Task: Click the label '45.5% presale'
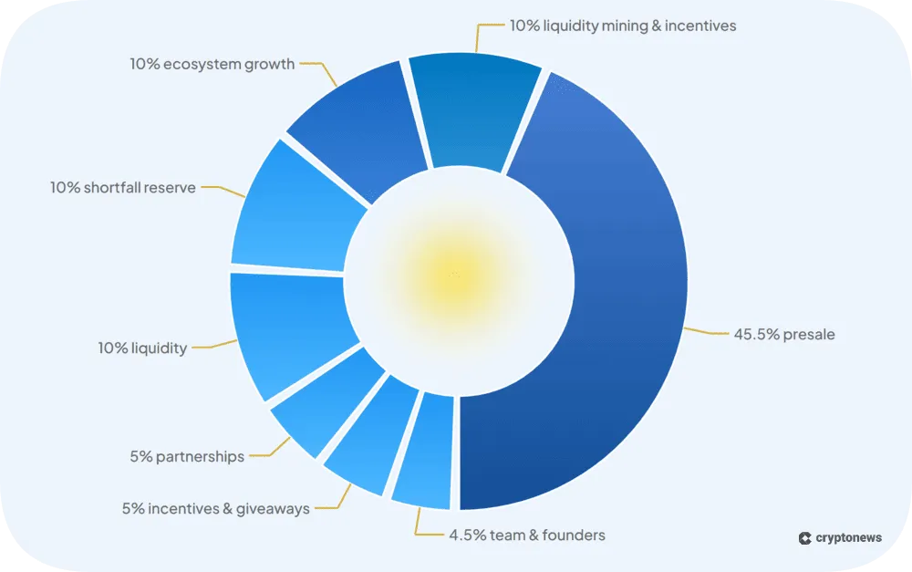784,334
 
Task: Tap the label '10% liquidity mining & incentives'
623,26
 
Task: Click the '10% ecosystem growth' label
212,64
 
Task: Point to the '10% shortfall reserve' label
122,188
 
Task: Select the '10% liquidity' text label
142,348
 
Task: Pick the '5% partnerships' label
187,456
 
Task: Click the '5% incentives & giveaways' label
215,508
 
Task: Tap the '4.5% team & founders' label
526,535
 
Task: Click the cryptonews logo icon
804,538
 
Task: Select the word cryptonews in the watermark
848,538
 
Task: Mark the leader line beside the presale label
708,332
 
